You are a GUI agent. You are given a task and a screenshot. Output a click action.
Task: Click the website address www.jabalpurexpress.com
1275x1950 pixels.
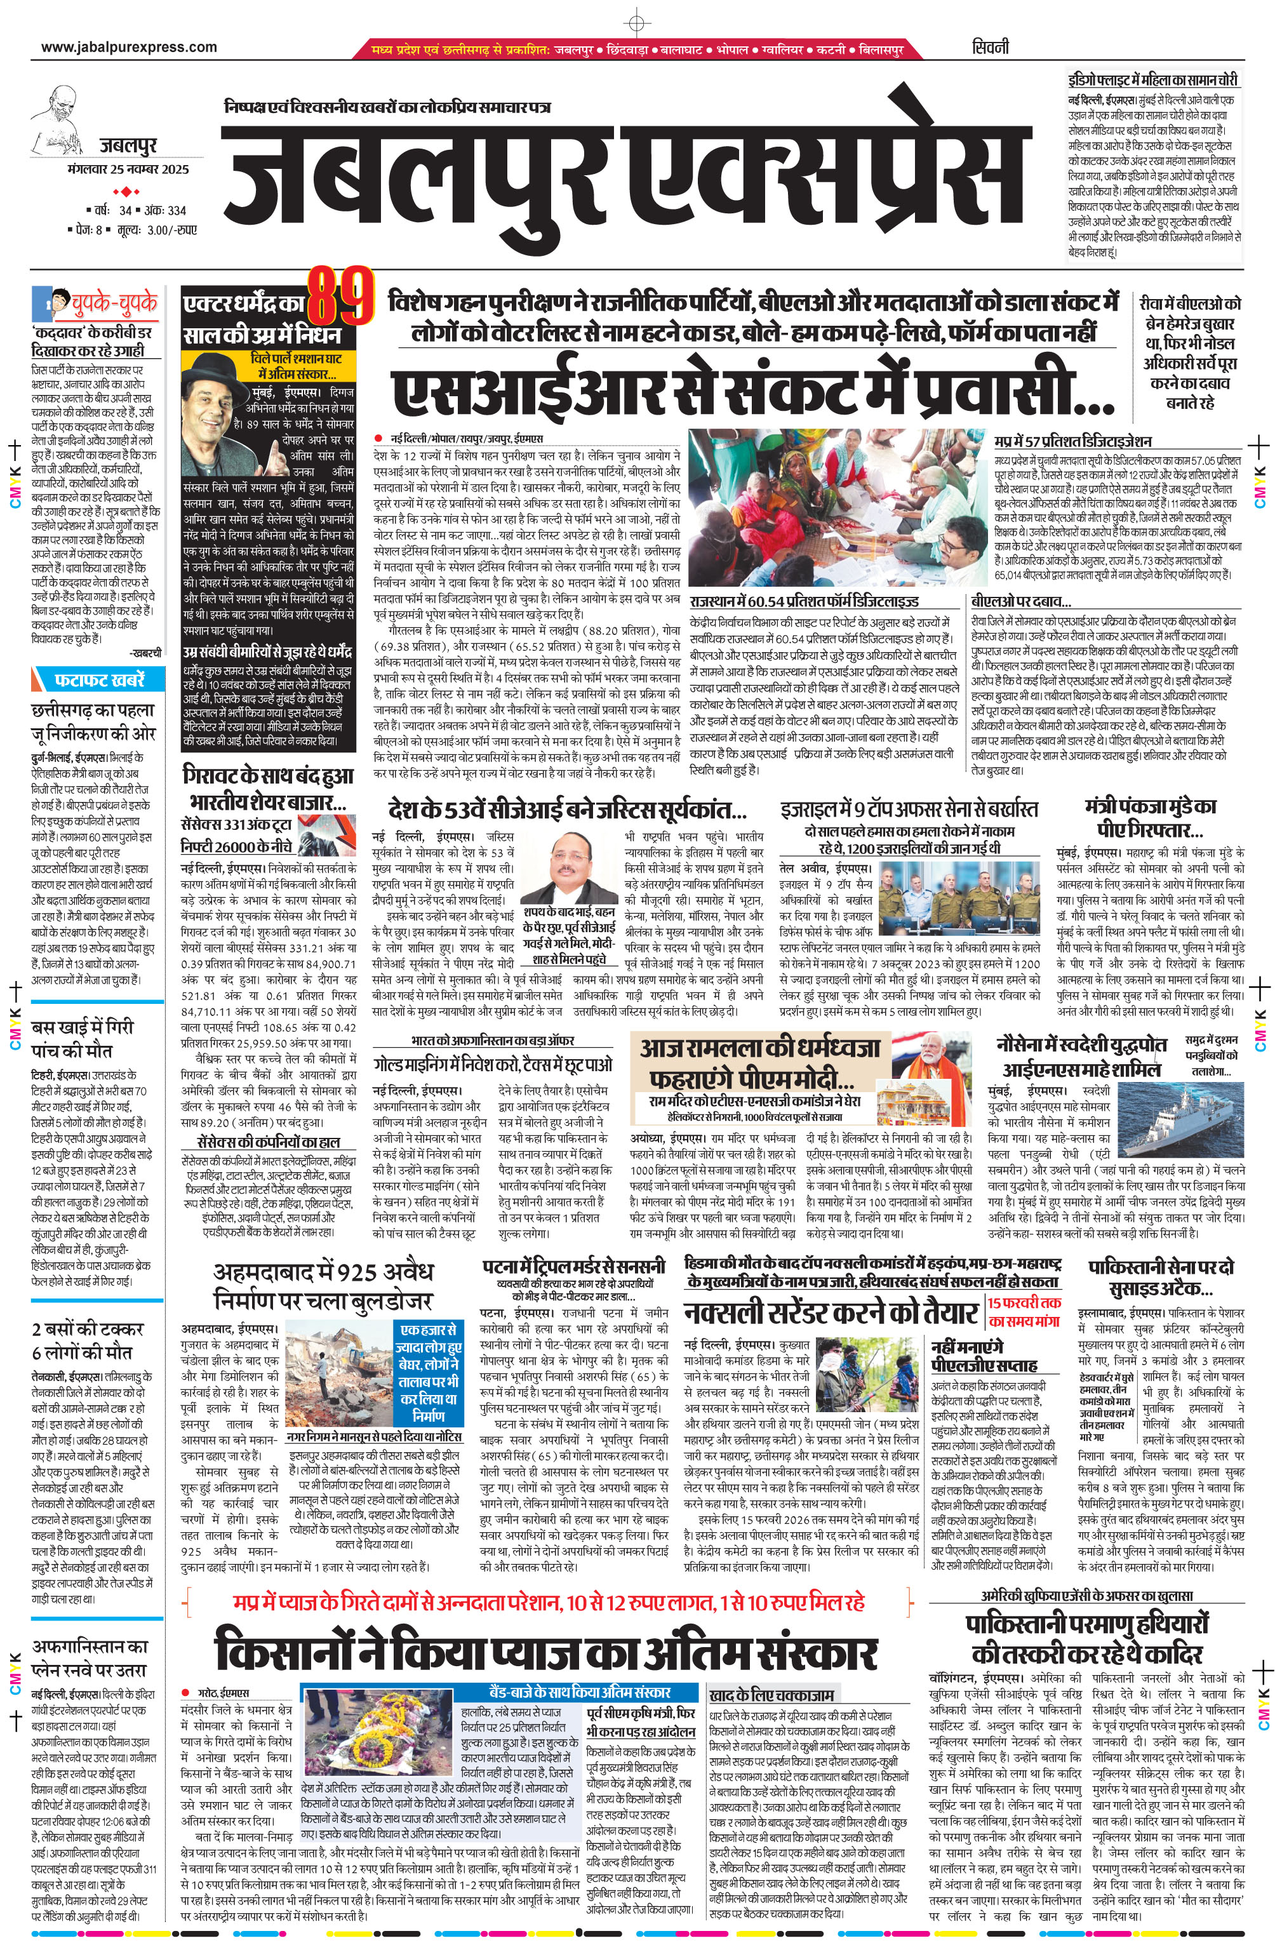129,47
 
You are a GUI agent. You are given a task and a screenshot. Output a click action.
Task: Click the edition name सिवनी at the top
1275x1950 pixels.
991,47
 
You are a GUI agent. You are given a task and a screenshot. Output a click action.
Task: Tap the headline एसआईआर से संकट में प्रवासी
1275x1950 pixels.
753,392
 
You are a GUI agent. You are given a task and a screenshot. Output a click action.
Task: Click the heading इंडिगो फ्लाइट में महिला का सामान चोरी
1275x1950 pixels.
1153,80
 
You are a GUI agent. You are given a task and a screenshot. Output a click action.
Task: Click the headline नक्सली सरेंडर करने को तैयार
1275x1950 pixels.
831,1312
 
